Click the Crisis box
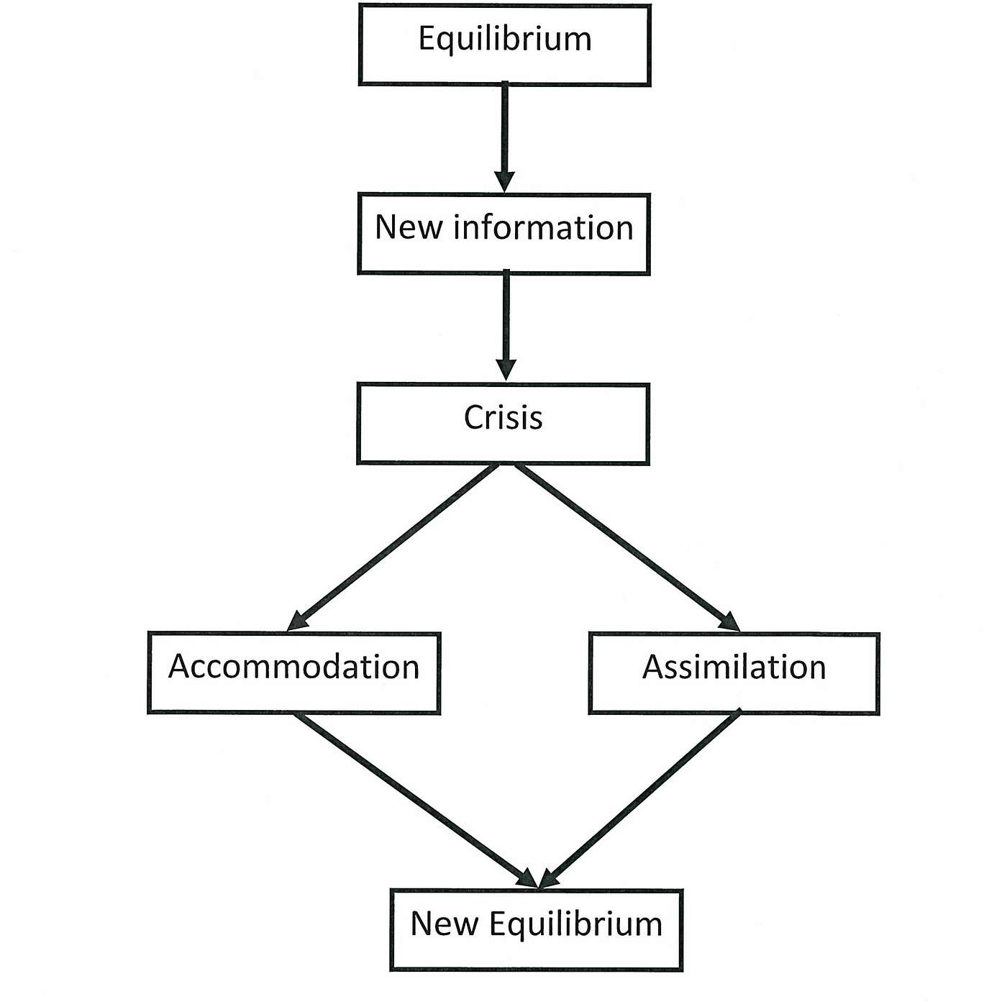503,424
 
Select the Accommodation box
294,673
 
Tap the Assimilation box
734,673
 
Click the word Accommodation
294,667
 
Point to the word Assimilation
734,667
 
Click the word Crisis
503,417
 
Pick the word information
544,227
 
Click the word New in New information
408,228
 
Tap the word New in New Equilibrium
445,924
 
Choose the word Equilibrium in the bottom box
576,926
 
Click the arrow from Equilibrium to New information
505,137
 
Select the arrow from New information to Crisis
506,325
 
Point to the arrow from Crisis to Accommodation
393,547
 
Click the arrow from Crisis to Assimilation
628,547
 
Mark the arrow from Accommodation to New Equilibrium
416,800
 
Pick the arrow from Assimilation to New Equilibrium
639,798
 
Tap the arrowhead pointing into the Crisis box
506,370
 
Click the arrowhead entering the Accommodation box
298,621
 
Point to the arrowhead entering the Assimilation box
729,622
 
